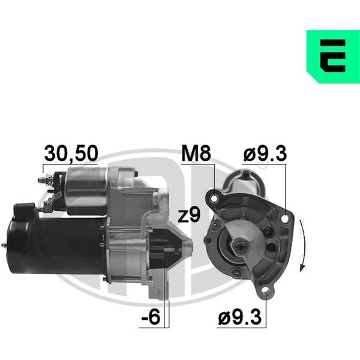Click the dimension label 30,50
[71, 154]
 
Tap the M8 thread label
[196, 154]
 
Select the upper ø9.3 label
[265, 154]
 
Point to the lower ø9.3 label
[239, 317]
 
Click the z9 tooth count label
[189, 215]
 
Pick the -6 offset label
[151, 317]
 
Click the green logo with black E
[333, 56]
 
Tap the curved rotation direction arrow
[302, 245]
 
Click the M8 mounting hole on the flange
[214, 198]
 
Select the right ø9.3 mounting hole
[285, 219]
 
